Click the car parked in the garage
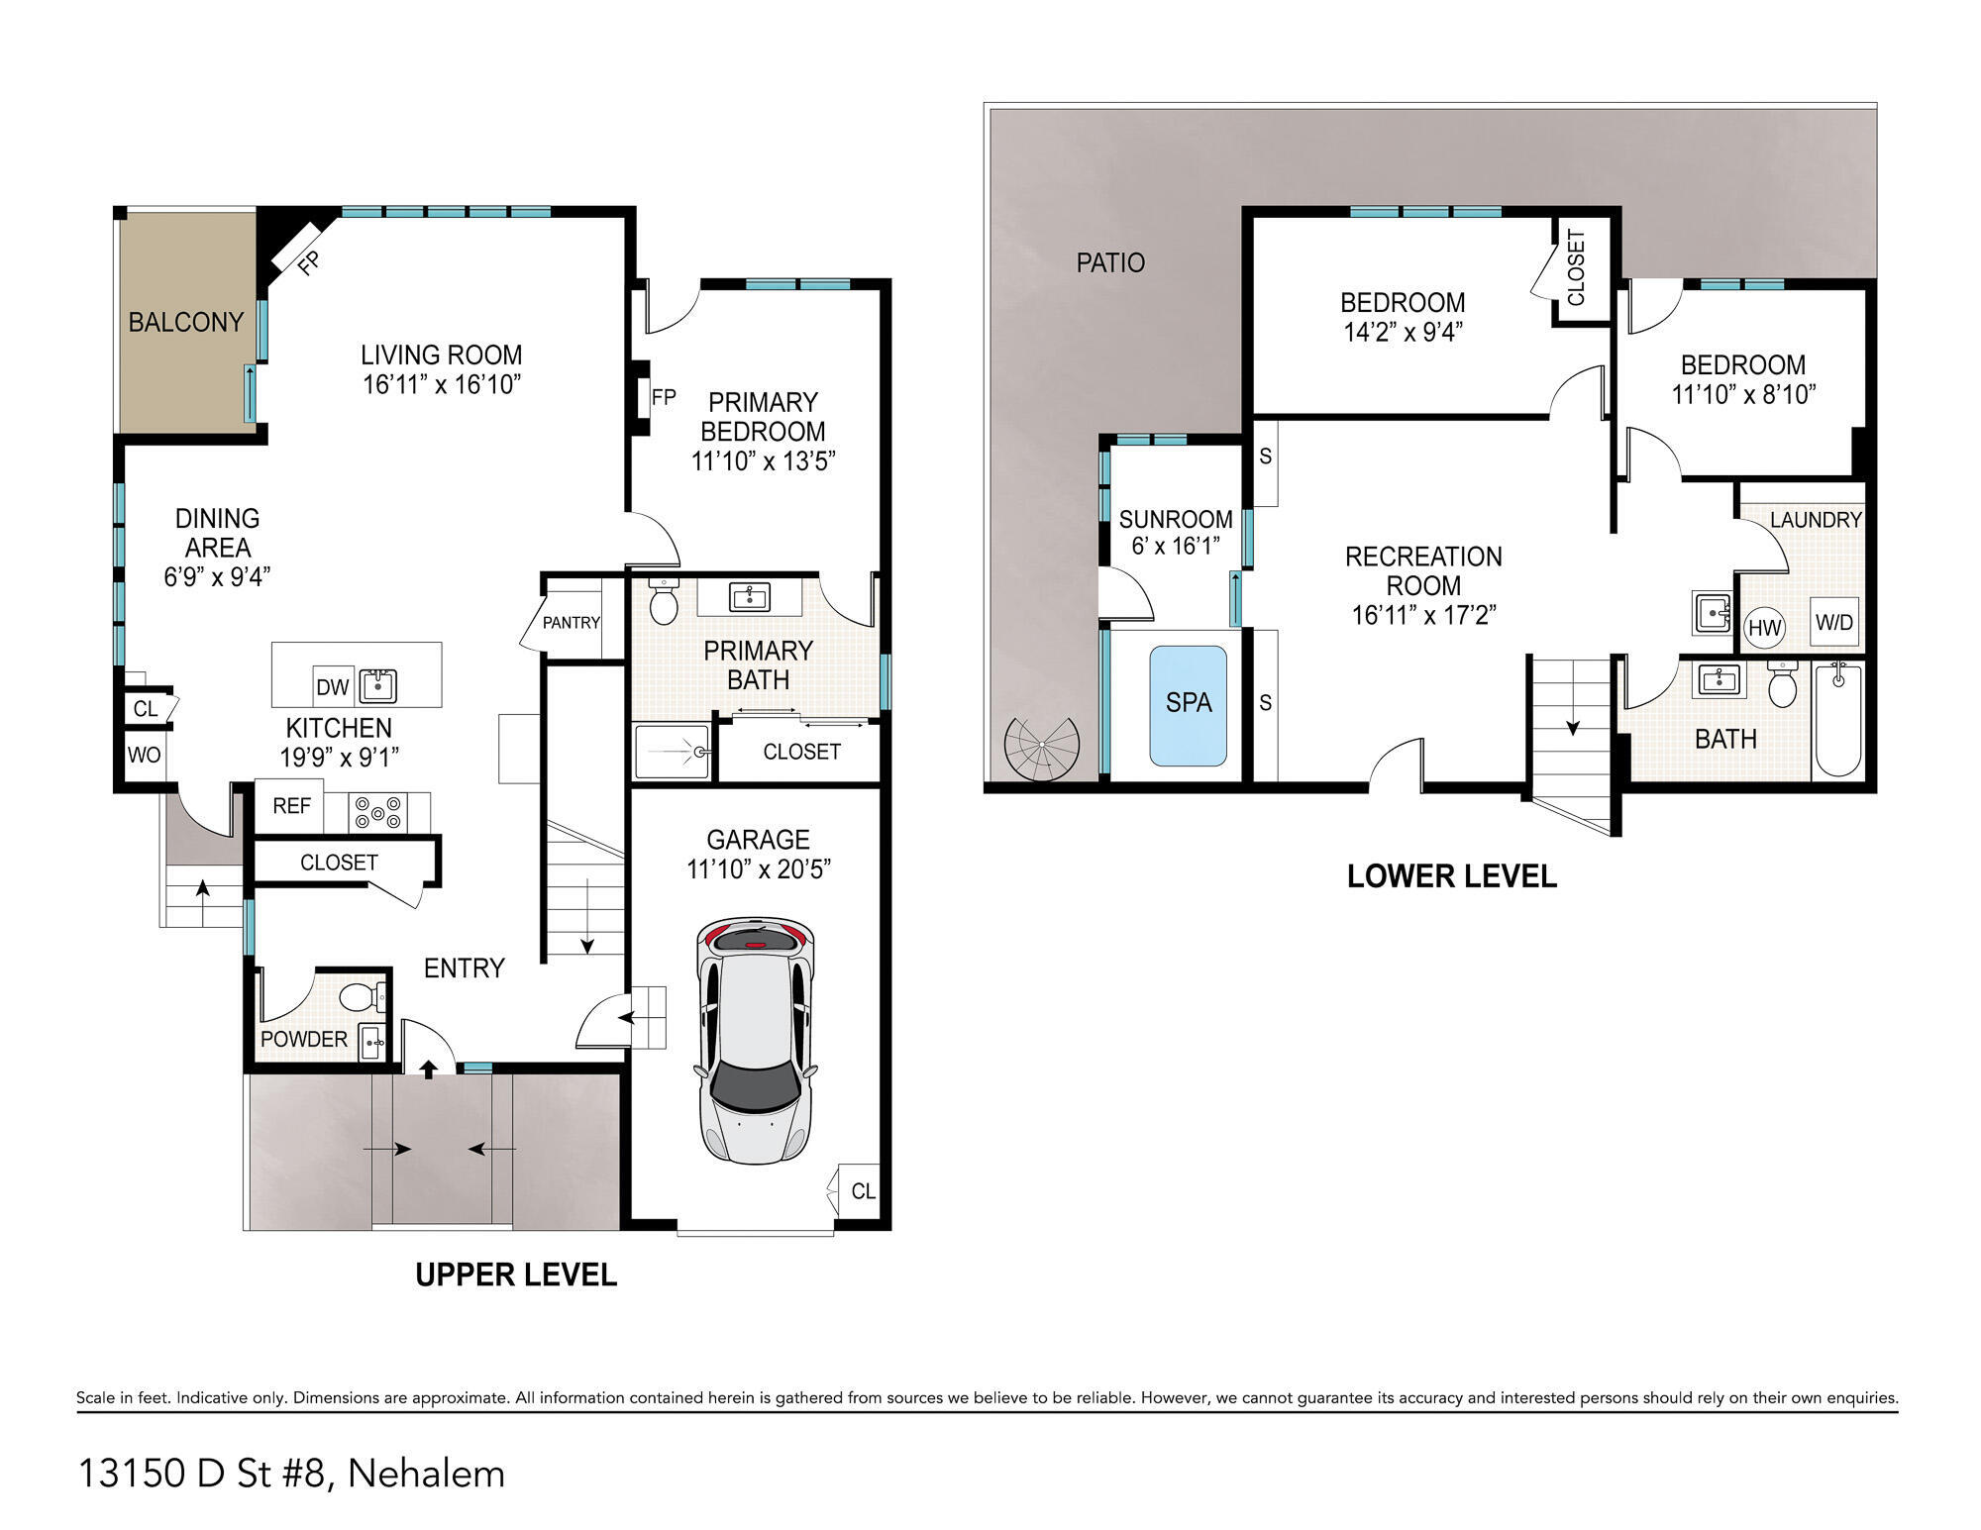[x=756, y=1040]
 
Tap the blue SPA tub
[x=1188, y=705]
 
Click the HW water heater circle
[x=1764, y=627]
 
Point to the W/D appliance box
[x=1833, y=622]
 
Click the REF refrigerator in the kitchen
[x=291, y=806]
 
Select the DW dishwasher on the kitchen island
[x=333, y=686]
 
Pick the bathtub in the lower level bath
[x=1837, y=720]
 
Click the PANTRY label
[x=571, y=623]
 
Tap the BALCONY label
[x=186, y=323]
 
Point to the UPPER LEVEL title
[x=516, y=1275]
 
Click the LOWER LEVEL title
[x=1452, y=876]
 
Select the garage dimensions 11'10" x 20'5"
[x=758, y=869]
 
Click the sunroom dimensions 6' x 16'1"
[x=1176, y=547]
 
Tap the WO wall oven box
[x=144, y=756]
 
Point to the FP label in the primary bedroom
[x=664, y=397]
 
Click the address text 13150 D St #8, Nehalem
[x=291, y=1474]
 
